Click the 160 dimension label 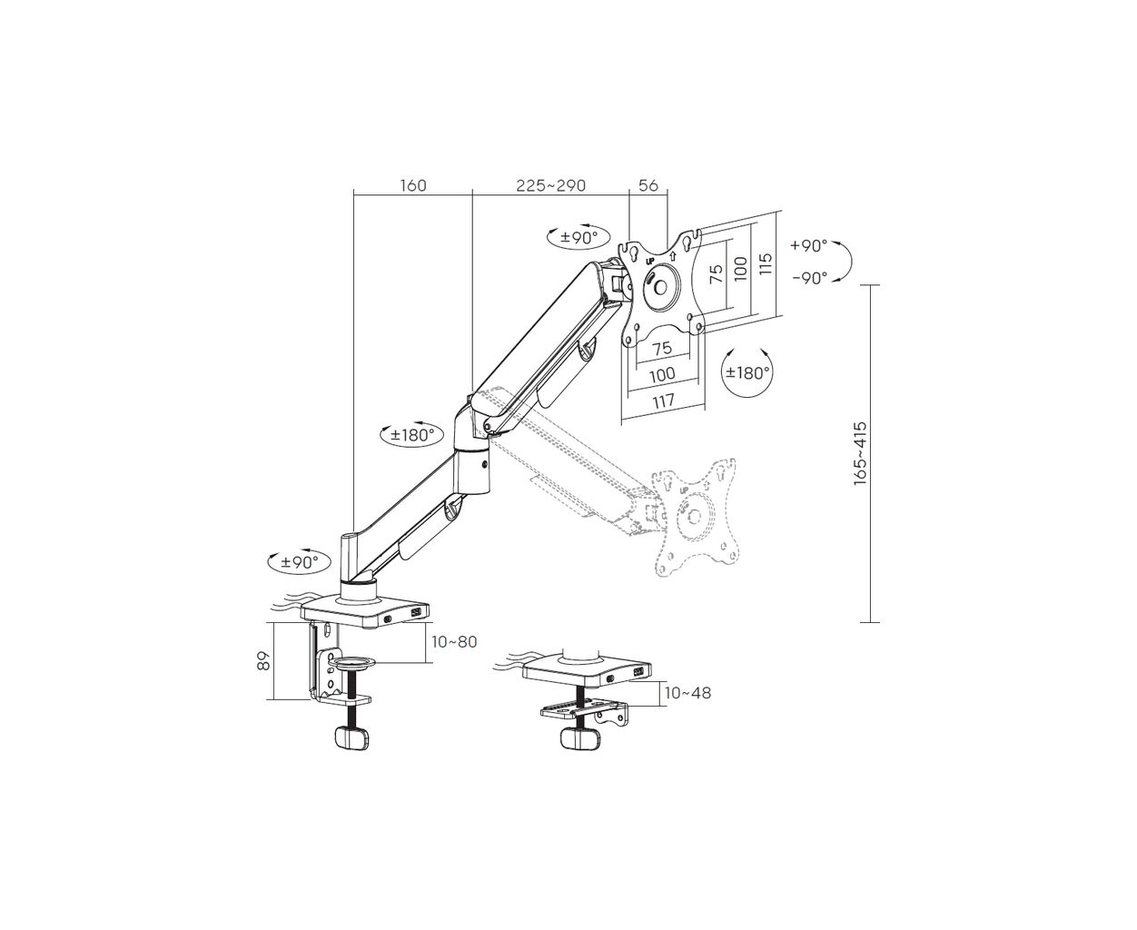pyautogui.click(x=413, y=185)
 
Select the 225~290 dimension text pyautogui.click(x=550, y=185)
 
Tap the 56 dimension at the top pyautogui.click(x=648, y=185)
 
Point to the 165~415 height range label pyautogui.click(x=860, y=453)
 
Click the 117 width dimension pyautogui.click(x=663, y=401)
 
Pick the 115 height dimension pyautogui.click(x=765, y=263)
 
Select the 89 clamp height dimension pyautogui.click(x=263, y=661)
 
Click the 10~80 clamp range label pyautogui.click(x=454, y=642)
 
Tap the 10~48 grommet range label pyautogui.click(x=687, y=693)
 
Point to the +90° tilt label pyautogui.click(x=808, y=246)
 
